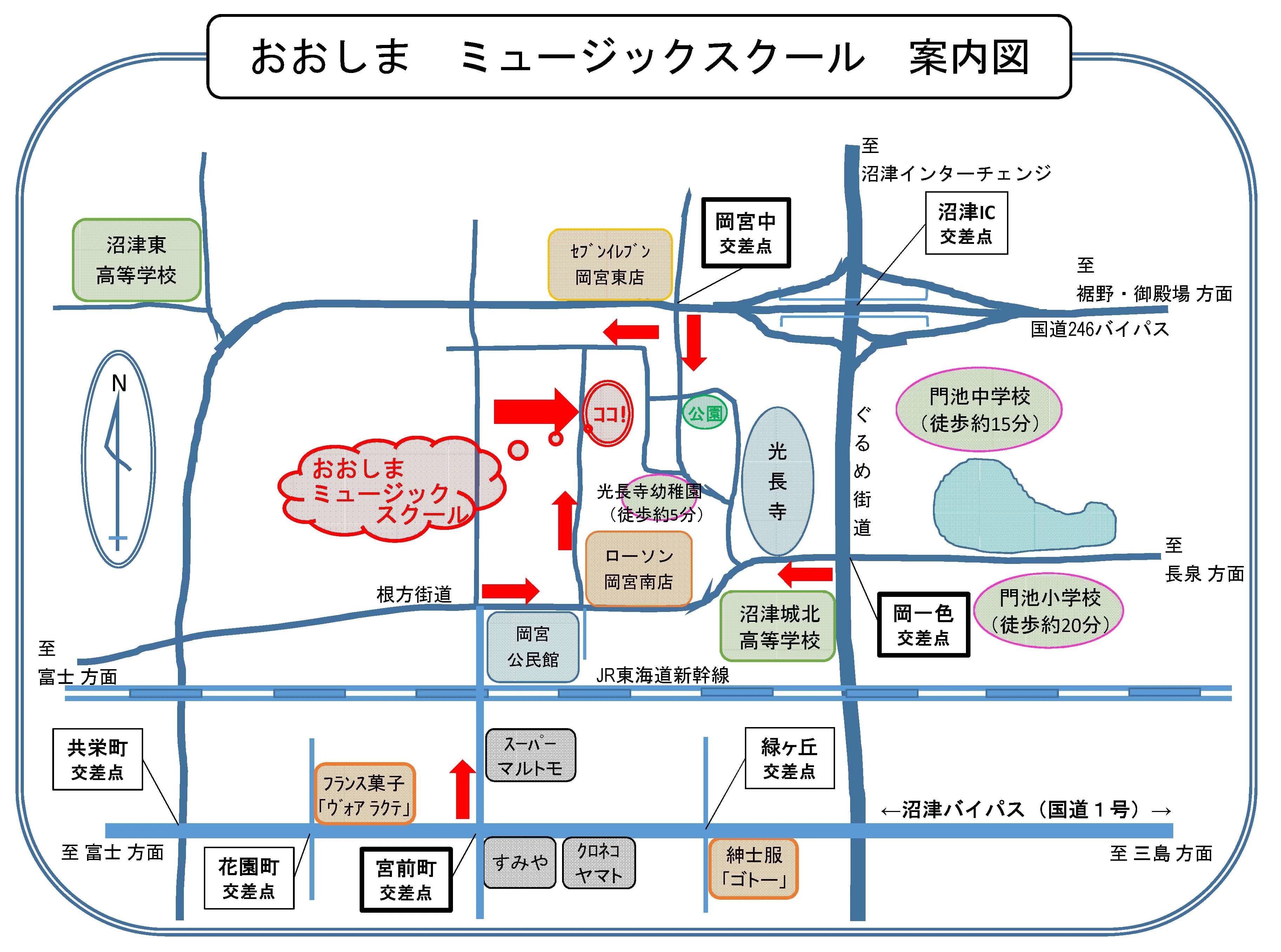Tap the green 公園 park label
pos(705,413)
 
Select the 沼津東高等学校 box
pos(136,260)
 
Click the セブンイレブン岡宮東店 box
pos(610,265)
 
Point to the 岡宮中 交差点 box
pos(746,233)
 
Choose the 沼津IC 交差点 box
pos(966,224)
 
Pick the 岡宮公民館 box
pos(533,647)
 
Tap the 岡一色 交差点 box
pos(923,625)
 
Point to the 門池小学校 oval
pos(1049,611)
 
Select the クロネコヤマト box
pos(599,863)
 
